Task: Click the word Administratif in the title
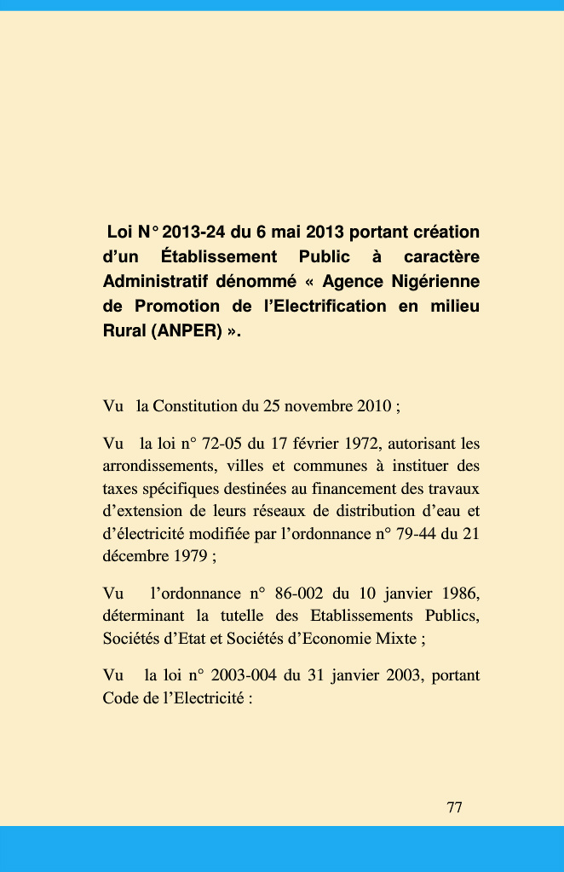[154, 281]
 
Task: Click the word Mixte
[395, 638]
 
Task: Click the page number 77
[454, 807]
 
